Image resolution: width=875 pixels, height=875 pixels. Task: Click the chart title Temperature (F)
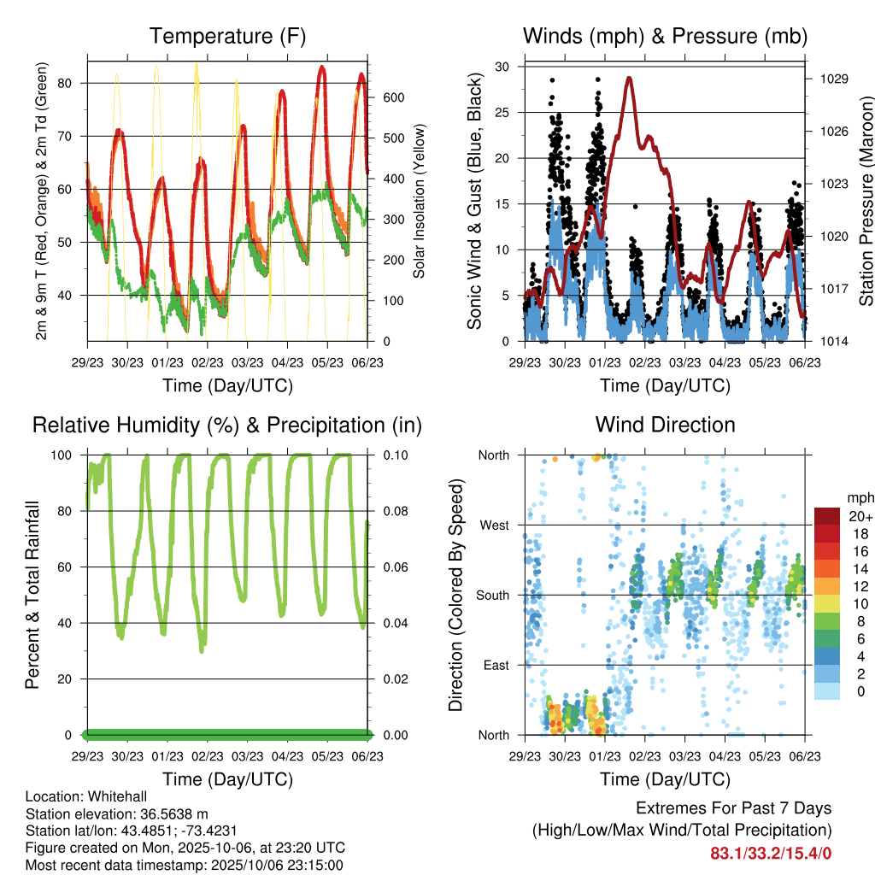227,37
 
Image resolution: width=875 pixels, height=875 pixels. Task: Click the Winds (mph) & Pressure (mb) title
665,37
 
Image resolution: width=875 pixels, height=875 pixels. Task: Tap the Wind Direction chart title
665,425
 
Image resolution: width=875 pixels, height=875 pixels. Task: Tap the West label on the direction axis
494,525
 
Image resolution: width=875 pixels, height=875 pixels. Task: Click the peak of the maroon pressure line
630,78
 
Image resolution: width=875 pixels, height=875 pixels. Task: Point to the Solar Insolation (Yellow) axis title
420,201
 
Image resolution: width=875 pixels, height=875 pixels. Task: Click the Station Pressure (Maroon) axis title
866,201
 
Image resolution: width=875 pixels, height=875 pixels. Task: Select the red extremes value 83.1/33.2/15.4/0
771,853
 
